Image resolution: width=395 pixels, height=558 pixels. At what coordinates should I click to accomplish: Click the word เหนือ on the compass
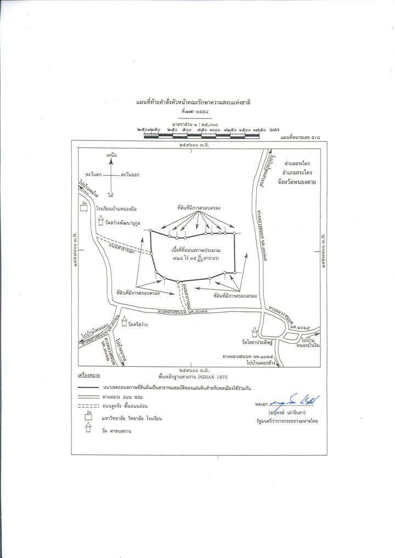pyautogui.click(x=111, y=156)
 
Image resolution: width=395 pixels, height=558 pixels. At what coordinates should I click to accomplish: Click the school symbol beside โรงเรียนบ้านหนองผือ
pyautogui.click(x=84, y=206)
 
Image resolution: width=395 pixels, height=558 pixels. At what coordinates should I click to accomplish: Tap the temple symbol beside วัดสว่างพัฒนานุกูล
pyautogui.click(x=100, y=221)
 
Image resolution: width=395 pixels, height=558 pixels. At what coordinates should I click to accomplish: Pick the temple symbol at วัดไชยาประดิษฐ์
pyautogui.click(x=255, y=333)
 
